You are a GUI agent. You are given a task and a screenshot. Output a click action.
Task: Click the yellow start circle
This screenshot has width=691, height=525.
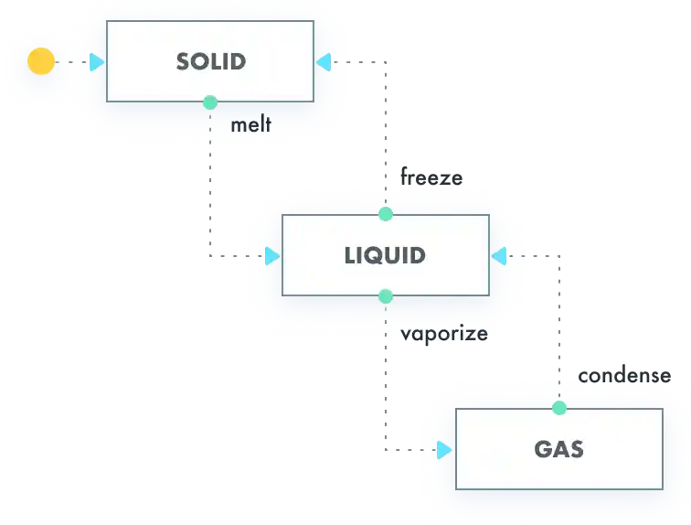pyautogui.click(x=40, y=62)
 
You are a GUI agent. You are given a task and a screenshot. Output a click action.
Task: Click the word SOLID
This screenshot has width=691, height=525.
pyautogui.click(x=211, y=62)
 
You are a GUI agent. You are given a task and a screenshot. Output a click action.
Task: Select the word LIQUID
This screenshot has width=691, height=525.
pyautogui.click(x=385, y=255)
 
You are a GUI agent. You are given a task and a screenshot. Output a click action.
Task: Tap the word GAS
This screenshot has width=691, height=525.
pyautogui.click(x=558, y=449)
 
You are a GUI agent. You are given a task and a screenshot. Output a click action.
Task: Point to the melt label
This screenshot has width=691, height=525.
pyautogui.click(x=250, y=123)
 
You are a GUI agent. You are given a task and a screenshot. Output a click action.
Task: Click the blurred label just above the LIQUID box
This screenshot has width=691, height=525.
pyautogui.click(x=431, y=174)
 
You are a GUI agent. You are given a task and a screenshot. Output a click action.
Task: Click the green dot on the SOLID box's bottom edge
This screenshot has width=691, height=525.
pyautogui.click(x=210, y=102)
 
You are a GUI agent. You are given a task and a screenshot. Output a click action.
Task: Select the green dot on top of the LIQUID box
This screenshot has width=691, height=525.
pyautogui.click(x=385, y=214)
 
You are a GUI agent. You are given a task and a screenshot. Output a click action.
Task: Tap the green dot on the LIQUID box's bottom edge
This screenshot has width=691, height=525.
pyautogui.click(x=385, y=296)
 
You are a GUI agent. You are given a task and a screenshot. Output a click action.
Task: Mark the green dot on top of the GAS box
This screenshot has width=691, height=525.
pyautogui.click(x=559, y=408)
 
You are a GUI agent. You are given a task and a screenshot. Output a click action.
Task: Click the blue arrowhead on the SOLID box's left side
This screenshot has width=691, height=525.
pyautogui.click(x=97, y=62)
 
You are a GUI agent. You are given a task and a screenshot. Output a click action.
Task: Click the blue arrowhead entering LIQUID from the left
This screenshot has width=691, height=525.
pyautogui.click(x=271, y=256)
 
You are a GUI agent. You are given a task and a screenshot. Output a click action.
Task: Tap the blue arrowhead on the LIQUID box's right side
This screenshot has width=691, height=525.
pyautogui.click(x=499, y=256)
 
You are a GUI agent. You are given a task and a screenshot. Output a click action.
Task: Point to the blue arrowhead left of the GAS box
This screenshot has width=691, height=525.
pyautogui.click(x=445, y=449)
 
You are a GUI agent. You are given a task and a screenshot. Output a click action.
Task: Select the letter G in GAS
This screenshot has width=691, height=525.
pyautogui.click(x=542, y=449)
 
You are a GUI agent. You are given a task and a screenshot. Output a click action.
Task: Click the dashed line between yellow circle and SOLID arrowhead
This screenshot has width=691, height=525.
pyautogui.click(x=72, y=62)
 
